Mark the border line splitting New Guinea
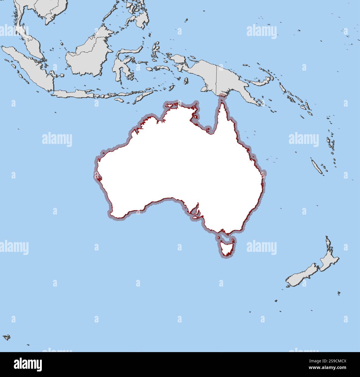[x=217, y=80]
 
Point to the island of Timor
[x=143, y=97]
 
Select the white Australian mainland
[x=180, y=166]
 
